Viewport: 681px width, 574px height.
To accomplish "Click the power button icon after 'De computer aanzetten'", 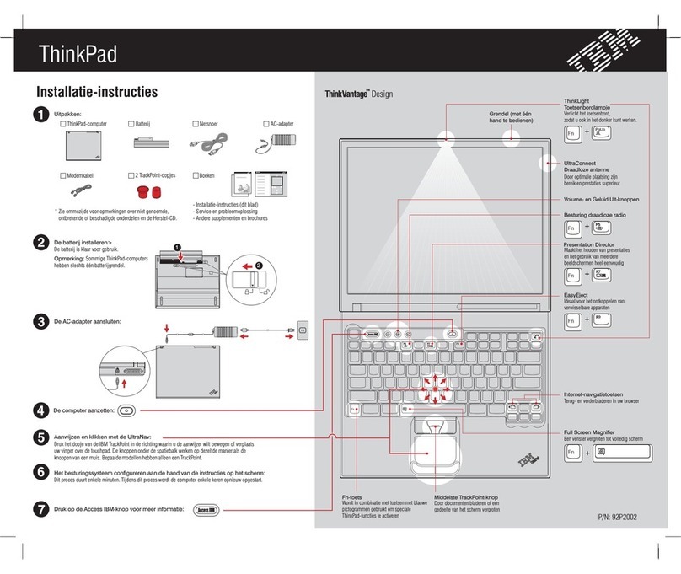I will click(x=126, y=410).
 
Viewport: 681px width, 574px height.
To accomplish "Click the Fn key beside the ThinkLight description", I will click(x=572, y=133).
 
